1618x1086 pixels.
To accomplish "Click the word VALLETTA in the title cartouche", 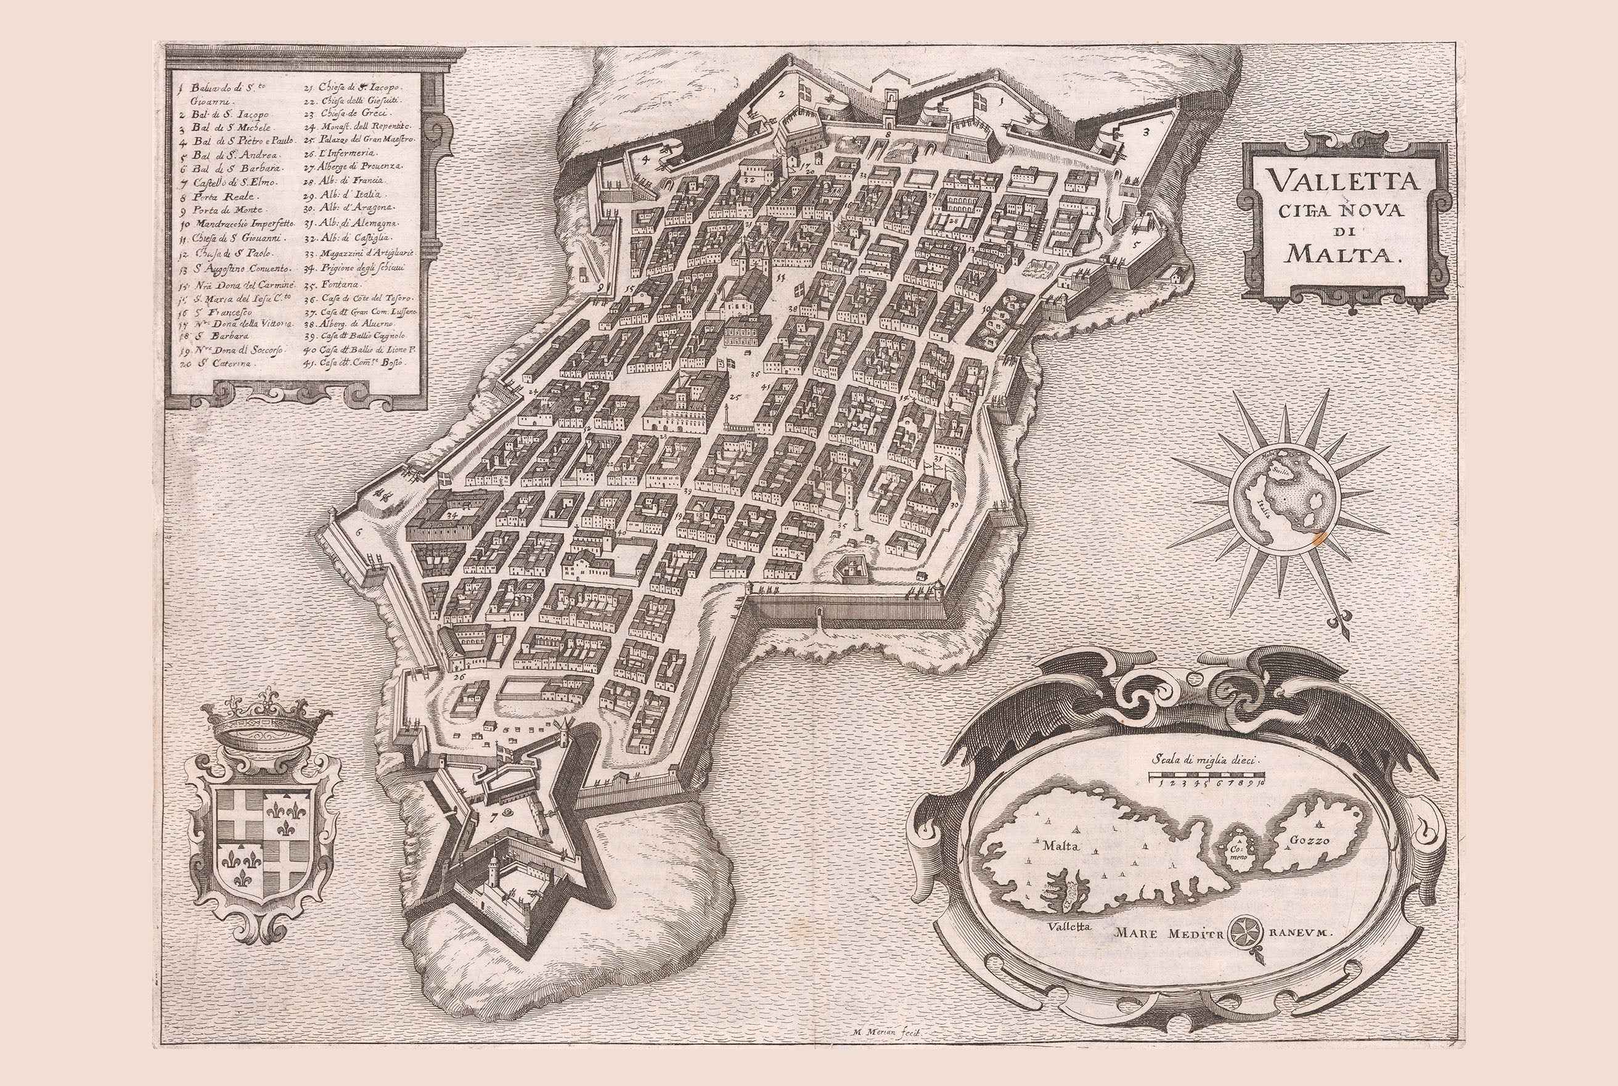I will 1339,184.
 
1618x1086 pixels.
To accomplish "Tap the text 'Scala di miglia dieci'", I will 1205,758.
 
